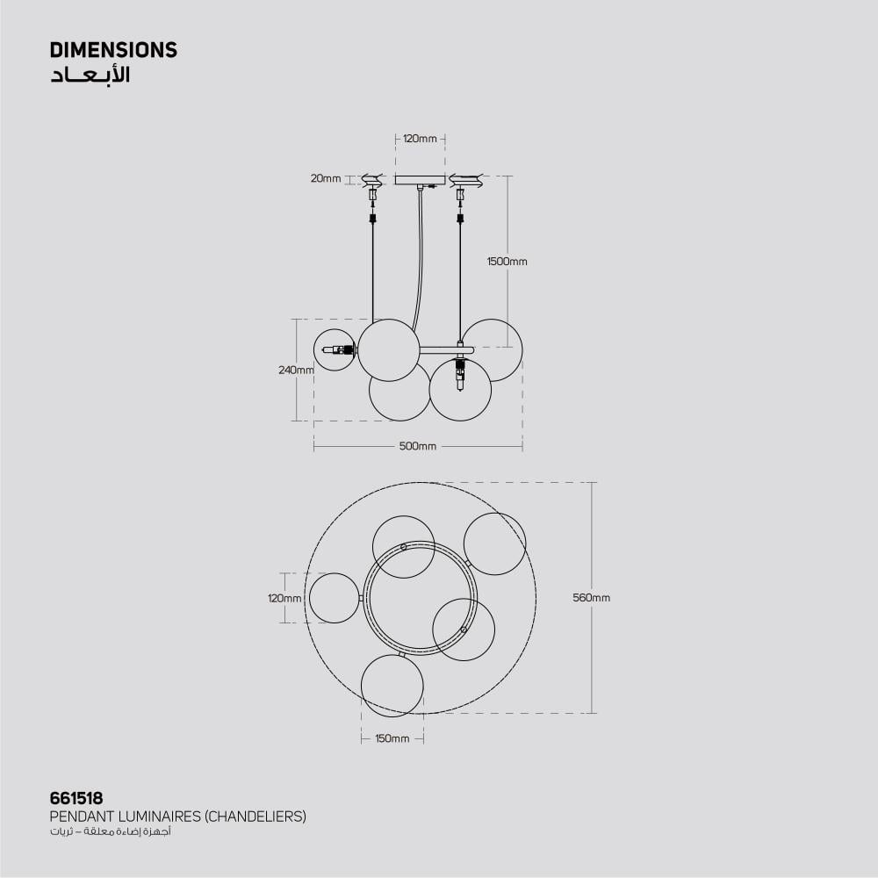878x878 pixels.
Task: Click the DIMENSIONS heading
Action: pos(113,50)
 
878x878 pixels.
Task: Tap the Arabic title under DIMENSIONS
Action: pos(90,75)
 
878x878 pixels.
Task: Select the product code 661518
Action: pos(76,798)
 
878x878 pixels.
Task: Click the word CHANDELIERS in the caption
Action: pos(255,817)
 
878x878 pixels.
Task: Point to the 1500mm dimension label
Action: pos(507,262)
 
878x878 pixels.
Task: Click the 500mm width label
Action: pos(418,446)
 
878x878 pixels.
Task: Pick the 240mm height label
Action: pos(296,371)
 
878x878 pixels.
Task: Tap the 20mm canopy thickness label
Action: pos(326,178)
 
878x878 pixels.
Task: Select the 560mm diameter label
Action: pos(591,597)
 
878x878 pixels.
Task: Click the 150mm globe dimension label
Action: pos(392,738)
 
